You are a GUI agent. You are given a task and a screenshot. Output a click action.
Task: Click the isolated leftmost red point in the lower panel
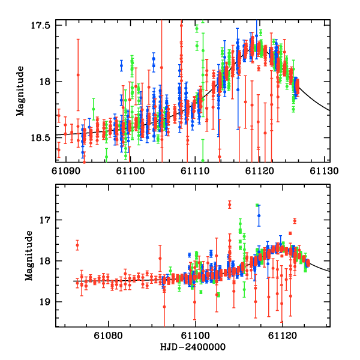(77, 245)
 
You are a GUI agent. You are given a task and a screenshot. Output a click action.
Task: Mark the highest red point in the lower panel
(230, 205)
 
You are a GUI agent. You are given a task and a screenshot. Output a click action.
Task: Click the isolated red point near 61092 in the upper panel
(78, 74)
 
